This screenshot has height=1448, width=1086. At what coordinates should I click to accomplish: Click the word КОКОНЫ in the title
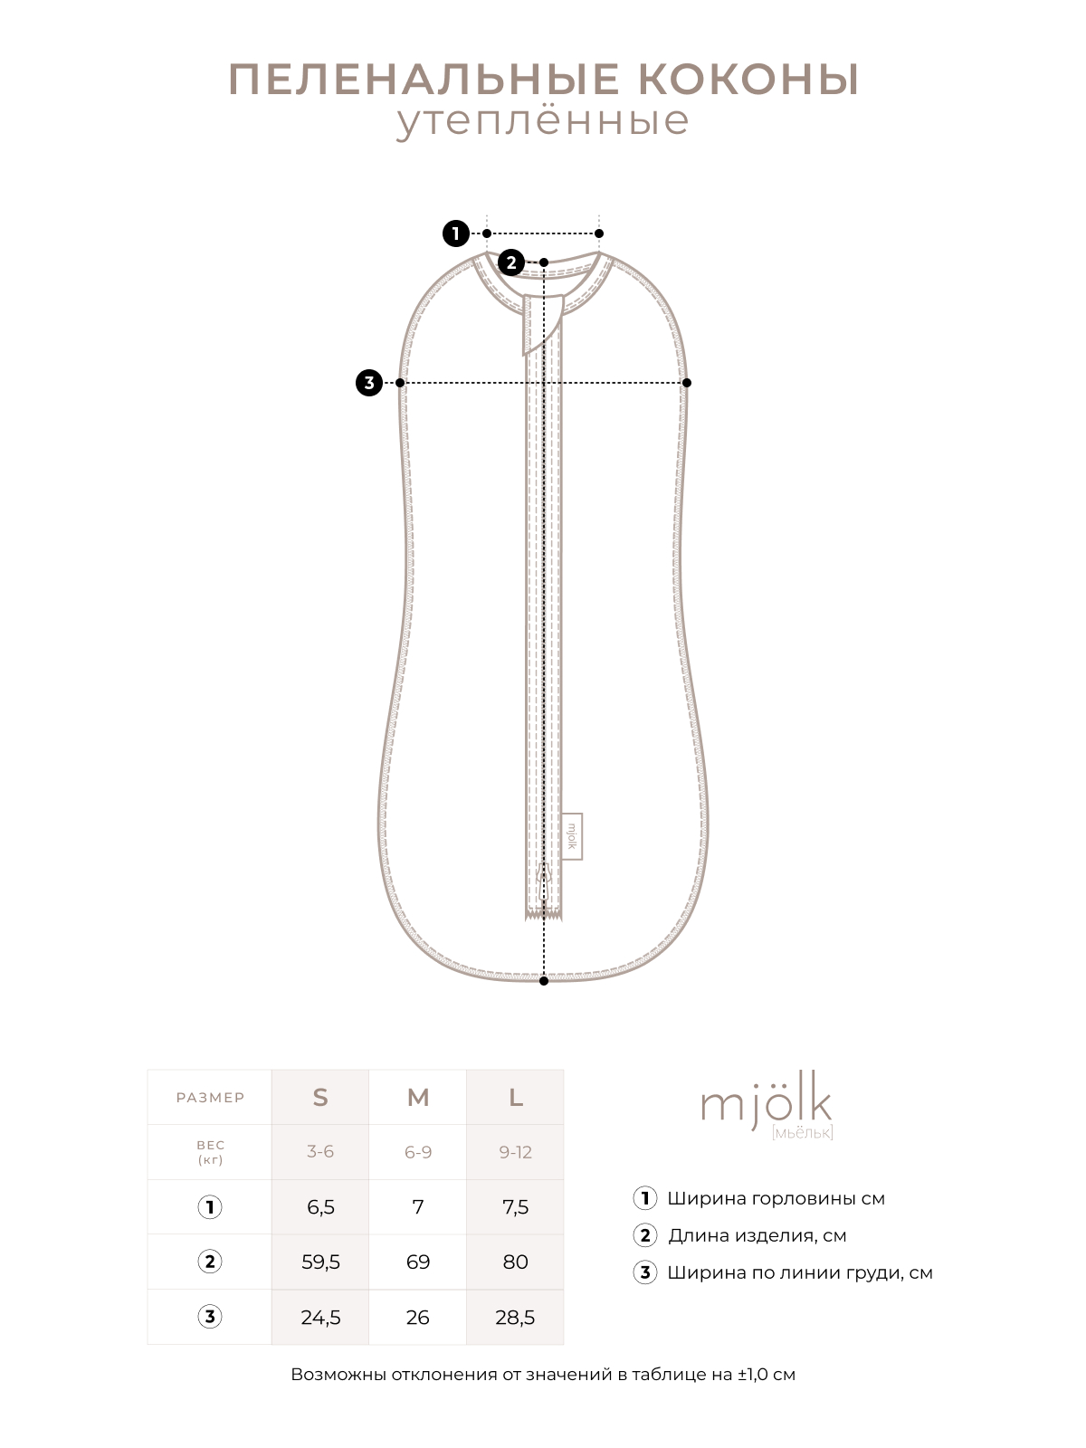tap(748, 80)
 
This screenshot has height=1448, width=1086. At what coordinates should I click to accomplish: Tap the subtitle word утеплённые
tap(543, 121)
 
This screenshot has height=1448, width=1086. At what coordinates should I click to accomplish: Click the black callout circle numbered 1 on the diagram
tap(455, 233)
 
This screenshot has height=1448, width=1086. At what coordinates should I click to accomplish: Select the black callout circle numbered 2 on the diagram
tap(511, 262)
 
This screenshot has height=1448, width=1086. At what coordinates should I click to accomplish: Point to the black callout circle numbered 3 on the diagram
tap(369, 383)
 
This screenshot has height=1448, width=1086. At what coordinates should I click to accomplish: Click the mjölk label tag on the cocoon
tap(572, 836)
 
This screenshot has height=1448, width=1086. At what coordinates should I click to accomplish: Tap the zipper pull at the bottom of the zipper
tap(544, 881)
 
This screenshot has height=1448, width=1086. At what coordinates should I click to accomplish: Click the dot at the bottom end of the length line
tap(544, 981)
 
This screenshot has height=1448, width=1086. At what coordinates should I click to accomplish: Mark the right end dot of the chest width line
tap(686, 383)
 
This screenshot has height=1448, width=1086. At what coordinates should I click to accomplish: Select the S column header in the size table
tap(320, 1097)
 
